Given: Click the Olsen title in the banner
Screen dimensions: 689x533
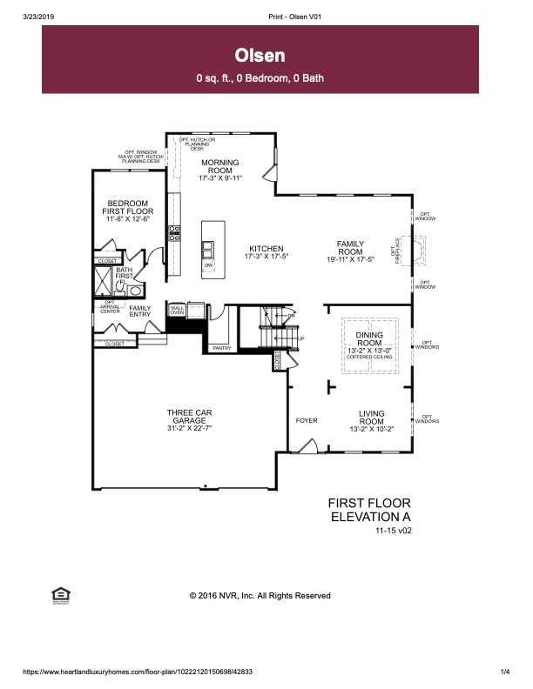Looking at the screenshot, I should coord(260,56).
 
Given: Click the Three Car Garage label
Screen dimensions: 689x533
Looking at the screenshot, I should coord(189,417).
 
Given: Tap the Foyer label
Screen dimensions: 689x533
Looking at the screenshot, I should coord(306,420).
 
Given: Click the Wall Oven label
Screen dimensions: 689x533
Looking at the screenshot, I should coord(178,310).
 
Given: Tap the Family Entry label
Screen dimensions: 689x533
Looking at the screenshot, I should coord(139,311).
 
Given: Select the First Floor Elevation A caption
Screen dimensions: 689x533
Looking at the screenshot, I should coord(368,510).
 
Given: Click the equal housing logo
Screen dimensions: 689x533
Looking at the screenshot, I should coord(61,594).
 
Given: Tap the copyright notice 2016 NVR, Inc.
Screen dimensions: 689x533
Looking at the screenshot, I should coord(260,596).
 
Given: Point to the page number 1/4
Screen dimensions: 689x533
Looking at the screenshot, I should coord(504,672).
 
